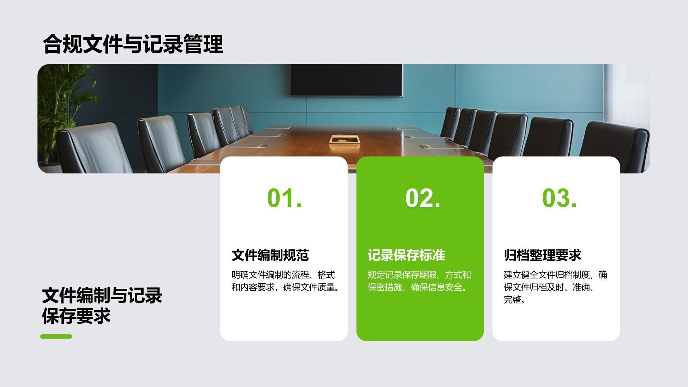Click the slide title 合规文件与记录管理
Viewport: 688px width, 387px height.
pyautogui.click(x=133, y=44)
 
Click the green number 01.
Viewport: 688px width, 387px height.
pyautogui.click(x=284, y=198)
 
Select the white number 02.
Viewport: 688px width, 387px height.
pyautogui.click(x=422, y=198)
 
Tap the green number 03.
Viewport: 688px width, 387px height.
pyautogui.click(x=559, y=198)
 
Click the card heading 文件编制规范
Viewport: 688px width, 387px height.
pyautogui.click(x=270, y=255)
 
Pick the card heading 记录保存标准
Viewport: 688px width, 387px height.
pyautogui.click(x=406, y=255)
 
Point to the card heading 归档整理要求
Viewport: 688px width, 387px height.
pyautogui.click(x=542, y=255)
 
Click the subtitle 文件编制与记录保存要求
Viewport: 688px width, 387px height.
pyautogui.click(x=102, y=306)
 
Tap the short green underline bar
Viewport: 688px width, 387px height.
pyautogui.click(x=56, y=336)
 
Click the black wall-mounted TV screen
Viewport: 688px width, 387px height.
pyautogui.click(x=346, y=80)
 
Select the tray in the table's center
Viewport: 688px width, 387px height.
pyautogui.click(x=344, y=139)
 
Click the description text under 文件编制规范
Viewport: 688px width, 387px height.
pyautogui.click(x=285, y=281)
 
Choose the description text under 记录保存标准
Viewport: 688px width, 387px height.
pyautogui.click(x=419, y=281)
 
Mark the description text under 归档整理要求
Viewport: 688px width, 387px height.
pyautogui.click(x=555, y=287)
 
